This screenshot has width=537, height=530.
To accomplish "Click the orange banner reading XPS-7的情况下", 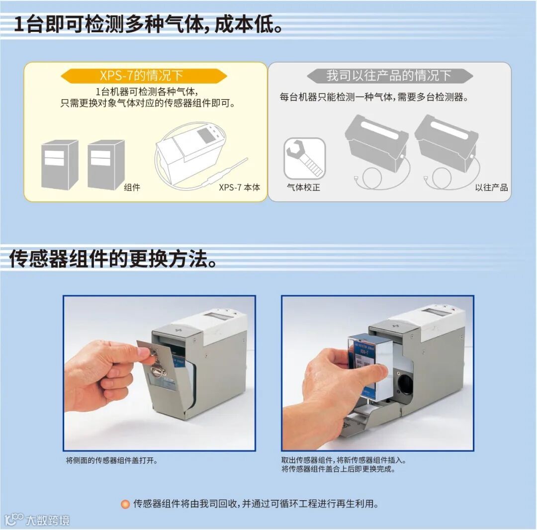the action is (x=144, y=76).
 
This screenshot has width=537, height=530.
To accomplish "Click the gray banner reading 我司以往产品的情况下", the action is (x=389, y=76).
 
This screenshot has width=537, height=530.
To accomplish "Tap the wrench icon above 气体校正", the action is (x=304, y=158).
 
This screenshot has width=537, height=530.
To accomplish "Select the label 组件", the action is (x=132, y=187).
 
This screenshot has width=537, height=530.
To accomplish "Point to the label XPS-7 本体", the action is (x=239, y=187).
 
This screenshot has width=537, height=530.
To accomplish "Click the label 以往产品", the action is (x=491, y=187).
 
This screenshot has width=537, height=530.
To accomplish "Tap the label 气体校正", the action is (x=303, y=187).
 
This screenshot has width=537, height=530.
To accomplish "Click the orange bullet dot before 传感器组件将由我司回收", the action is (x=125, y=504).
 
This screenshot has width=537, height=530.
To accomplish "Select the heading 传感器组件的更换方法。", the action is (x=113, y=259).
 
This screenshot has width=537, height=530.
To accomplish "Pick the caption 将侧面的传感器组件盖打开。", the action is (x=112, y=460).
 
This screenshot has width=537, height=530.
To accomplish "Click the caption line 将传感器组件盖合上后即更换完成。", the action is (x=339, y=469).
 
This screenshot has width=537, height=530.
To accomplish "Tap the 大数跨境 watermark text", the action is (x=48, y=521).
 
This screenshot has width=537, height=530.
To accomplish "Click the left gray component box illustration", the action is (x=60, y=165).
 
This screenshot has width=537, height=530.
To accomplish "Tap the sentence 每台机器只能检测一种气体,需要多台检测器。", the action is (x=374, y=97).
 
